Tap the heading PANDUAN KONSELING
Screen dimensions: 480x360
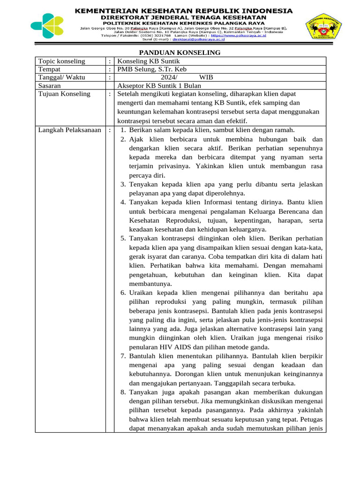click(x=180, y=52)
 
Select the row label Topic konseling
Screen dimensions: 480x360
click(x=61, y=61)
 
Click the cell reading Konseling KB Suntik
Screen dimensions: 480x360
click(x=148, y=61)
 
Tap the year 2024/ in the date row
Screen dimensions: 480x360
click(x=169, y=78)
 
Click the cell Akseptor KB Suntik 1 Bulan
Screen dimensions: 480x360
click(x=159, y=86)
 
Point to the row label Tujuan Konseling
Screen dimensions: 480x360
click(x=64, y=94)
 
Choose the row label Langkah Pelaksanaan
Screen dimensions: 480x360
click(x=70, y=130)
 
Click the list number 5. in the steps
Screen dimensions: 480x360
click(x=123, y=238)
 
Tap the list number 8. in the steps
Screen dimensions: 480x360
click(x=123, y=392)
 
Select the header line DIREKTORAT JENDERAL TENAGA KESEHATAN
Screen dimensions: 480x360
click(x=184, y=17)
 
